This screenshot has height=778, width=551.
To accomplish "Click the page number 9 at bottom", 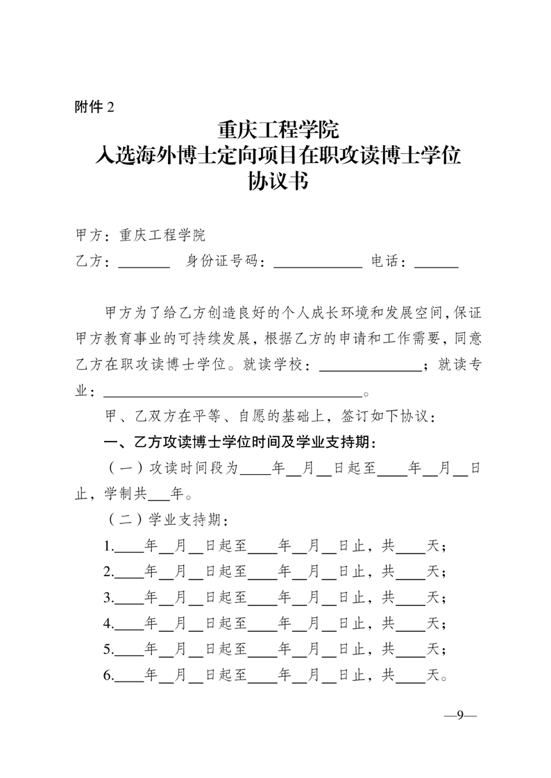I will click(x=459, y=716).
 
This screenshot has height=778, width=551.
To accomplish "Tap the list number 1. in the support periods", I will click(x=108, y=546).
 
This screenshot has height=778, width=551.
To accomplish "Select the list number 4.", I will click(x=108, y=623).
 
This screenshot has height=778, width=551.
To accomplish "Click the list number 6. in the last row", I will click(x=108, y=674).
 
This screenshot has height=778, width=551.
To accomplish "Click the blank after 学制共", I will click(x=159, y=496).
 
